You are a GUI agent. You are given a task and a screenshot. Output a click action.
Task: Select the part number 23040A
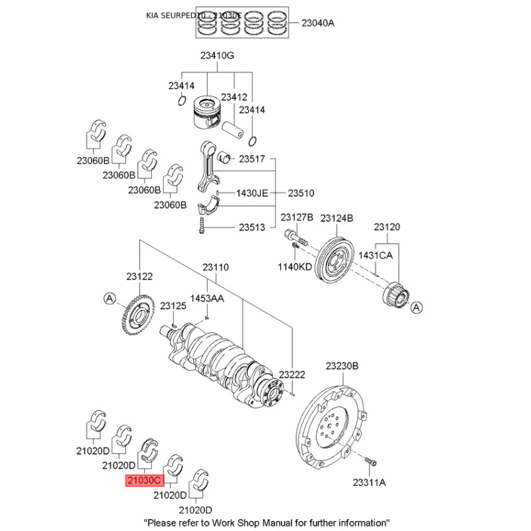(318, 23)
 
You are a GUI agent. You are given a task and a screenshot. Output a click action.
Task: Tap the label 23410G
(213, 56)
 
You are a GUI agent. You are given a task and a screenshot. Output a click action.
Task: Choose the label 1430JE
(252, 193)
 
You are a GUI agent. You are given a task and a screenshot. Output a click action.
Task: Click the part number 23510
(301, 193)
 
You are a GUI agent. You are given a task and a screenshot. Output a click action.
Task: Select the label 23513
(252, 227)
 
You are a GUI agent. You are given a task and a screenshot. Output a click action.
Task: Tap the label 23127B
(296, 218)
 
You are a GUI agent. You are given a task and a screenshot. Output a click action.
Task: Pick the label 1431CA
(376, 255)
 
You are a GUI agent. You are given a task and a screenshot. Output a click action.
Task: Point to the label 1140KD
(294, 266)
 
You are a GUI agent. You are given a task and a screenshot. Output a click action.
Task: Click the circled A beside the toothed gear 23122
(109, 299)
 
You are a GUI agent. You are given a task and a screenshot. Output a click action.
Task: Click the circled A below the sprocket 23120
(416, 308)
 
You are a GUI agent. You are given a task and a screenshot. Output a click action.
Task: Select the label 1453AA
(208, 298)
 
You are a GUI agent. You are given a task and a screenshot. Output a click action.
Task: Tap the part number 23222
(292, 375)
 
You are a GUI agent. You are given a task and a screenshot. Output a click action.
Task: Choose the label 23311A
(369, 483)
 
